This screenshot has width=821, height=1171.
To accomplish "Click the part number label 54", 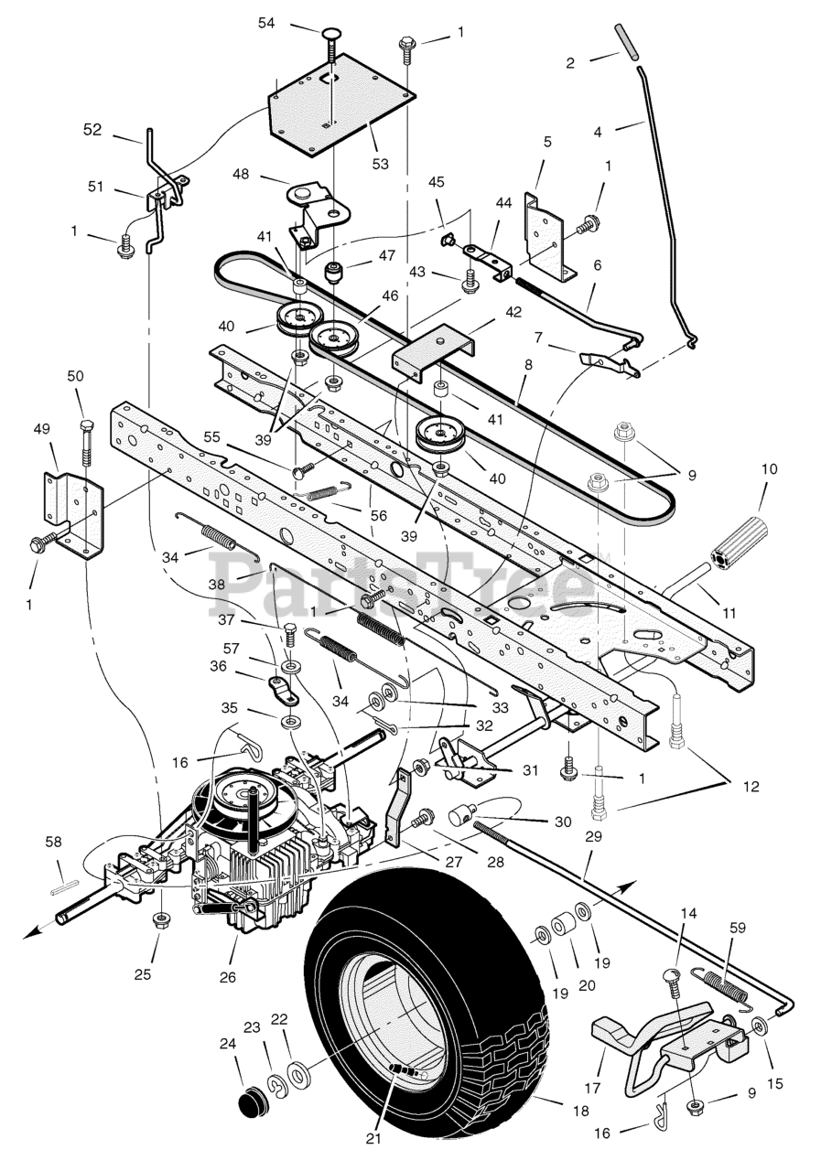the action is pos(266,24).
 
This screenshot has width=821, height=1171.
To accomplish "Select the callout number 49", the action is pos(42,429).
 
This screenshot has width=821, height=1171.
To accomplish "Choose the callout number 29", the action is pos(593,836).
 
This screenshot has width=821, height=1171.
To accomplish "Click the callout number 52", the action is pos(92,129).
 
